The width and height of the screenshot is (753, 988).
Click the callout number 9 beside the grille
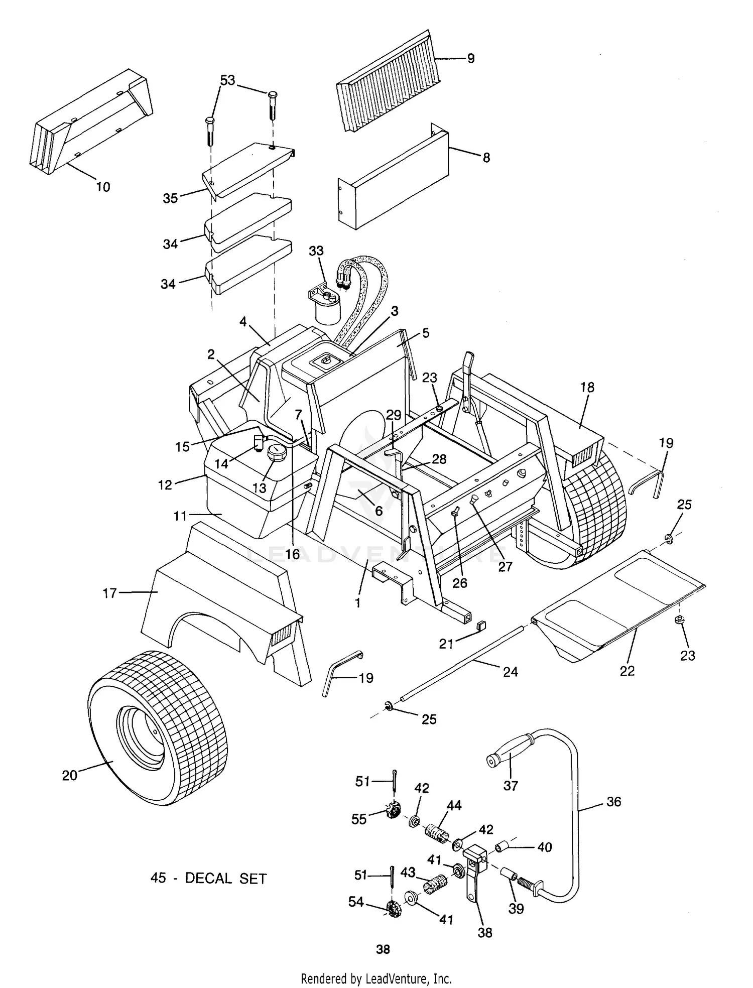click(x=470, y=59)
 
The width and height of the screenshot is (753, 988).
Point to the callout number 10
click(x=103, y=187)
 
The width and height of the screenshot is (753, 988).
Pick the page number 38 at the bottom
click(x=383, y=949)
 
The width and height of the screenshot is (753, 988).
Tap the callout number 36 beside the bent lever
click(x=613, y=802)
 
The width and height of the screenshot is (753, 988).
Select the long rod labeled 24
click(x=462, y=660)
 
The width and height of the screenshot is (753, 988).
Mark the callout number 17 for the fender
click(x=109, y=593)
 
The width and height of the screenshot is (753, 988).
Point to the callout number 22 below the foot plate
click(x=627, y=671)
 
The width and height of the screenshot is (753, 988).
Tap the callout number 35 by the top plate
click(x=170, y=198)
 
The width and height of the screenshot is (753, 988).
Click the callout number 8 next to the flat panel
click(x=486, y=158)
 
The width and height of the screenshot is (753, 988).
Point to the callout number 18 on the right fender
click(x=587, y=387)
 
